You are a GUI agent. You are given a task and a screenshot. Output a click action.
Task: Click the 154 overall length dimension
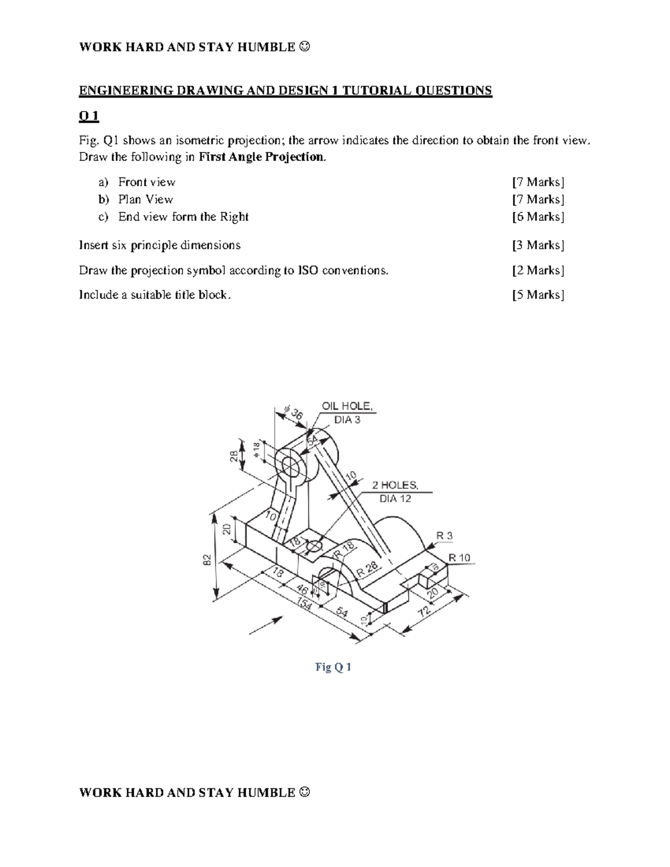pos(304,604)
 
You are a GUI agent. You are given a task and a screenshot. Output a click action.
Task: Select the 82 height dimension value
pos(207,559)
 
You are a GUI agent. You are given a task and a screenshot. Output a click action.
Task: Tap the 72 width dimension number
pos(425,610)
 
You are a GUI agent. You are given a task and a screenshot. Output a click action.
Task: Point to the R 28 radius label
pos(368,569)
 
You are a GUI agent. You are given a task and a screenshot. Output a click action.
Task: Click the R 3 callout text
pos(444,536)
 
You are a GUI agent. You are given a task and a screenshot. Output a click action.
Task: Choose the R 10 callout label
pos(460,558)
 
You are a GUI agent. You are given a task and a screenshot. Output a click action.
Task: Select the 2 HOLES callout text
pos(395,486)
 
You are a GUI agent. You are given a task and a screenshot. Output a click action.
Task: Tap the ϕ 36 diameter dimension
pos(293,413)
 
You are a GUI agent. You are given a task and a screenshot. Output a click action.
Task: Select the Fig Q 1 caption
pos(333,667)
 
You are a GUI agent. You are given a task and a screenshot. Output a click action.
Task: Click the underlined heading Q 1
pos(89,116)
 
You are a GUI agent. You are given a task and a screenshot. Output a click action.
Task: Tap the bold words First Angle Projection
pos(261,157)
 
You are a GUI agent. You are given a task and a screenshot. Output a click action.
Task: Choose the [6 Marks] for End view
pos(538,217)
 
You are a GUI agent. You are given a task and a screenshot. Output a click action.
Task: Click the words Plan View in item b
pos(145,199)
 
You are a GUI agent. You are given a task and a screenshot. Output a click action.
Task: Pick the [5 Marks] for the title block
pos(538,295)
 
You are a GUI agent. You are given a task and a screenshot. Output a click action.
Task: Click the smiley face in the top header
pos(304,47)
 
